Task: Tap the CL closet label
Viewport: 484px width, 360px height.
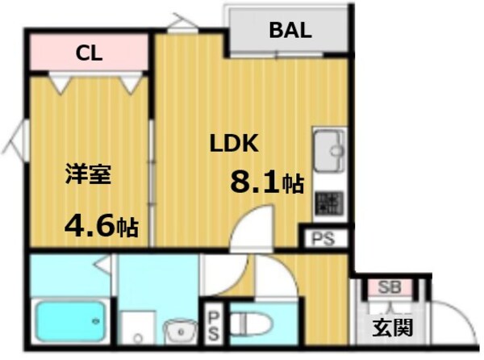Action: tap(89, 54)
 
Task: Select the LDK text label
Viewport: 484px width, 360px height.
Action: tap(233, 144)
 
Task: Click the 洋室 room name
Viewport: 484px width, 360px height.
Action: tap(88, 174)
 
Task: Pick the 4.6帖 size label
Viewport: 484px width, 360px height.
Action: tap(101, 224)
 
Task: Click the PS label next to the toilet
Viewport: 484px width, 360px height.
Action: tap(215, 323)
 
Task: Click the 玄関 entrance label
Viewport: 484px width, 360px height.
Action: tap(393, 329)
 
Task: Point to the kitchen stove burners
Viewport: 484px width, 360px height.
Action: tap(328, 203)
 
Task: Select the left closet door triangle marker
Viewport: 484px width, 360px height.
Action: tap(57, 82)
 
